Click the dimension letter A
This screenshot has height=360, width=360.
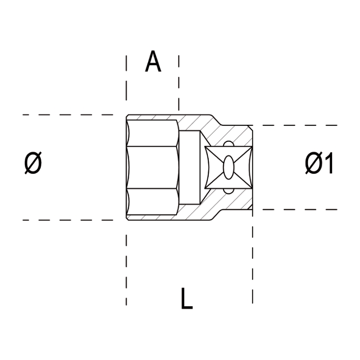[153, 62]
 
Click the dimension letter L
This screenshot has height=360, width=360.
[187, 298]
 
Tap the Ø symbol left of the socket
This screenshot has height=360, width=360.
[33, 164]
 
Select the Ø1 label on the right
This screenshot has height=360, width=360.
[319, 165]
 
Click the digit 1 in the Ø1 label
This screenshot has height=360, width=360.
[328, 165]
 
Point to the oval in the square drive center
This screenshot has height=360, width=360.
[228, 168]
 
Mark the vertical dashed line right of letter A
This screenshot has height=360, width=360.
[179, 82]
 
